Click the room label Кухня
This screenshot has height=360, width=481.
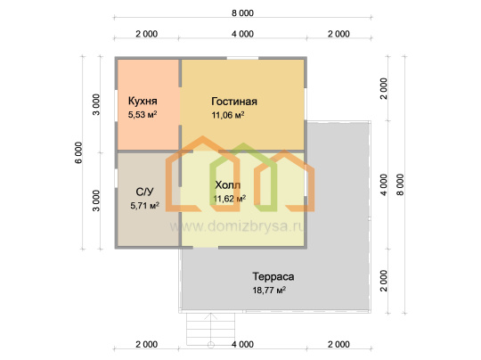pyautogui.click(x=143, y=101)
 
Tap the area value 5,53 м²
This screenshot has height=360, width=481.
pyautogui.click(x=143, y=115)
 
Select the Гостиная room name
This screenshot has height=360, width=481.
pyautogui.click(x=234, y=102)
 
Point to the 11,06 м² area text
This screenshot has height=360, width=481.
pyautogui.click(x=228, y=115)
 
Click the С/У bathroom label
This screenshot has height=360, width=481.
pyautogui.click(x=144, y=192)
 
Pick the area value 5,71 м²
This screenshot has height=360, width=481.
pyautogui.click(x=145, y=205)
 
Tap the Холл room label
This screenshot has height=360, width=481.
pyautogui.click(x=228, y=185)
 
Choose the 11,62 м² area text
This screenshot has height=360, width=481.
pyautogui.click(x=230, y=199)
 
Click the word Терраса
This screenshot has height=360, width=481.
pyautogui.click(x=273, y=276)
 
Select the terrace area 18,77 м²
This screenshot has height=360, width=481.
pyautogui.click(x=269, y=290)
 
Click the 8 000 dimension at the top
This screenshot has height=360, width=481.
pyautogui.click(x=242, y=13)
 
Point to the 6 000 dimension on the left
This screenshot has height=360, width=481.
pyautogui.click(x=79, y=152)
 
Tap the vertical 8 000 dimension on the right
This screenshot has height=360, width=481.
pyautogui.click(x=400, y=184)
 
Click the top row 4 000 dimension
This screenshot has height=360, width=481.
pyautogui.click(x=242, y=34)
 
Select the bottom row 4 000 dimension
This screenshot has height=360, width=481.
pyautogui.click(x=242, y=344)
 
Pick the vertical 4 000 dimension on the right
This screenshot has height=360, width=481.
pyautogui.click(x=384, y=184)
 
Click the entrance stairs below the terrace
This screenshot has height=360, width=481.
pyautogui.click(x=211, y=329)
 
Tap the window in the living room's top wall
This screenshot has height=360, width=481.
pyautogui.click(x=242, y=58)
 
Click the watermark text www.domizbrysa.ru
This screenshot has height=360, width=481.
pyautogui.click(x=237, y=226)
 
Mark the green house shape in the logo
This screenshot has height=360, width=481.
pyautogui.click(x=243, y=177)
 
